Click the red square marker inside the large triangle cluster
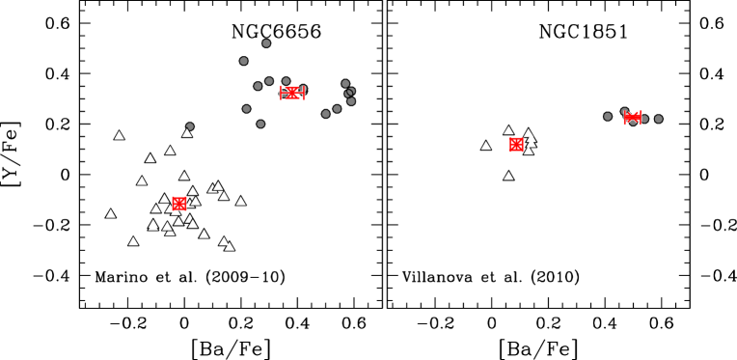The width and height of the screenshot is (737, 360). pos(179,204)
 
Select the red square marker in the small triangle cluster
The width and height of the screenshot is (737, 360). pos(516,145)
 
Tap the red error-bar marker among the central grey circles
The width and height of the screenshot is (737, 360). pos(292,93)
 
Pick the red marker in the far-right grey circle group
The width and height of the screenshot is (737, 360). pos(633,118)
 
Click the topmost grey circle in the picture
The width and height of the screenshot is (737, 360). pos(266,43)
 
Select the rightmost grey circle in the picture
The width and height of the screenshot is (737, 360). pos(659,119)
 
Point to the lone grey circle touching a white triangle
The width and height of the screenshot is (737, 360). pos(190,126)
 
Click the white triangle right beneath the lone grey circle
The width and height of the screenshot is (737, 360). pos(187,133)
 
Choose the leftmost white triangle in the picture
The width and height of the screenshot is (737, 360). pos(111,214)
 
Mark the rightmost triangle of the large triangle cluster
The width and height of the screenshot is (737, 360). pos(241,202)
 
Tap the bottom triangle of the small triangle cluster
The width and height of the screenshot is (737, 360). pos(508,176)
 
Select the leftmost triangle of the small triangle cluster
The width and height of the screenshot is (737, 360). pos(486,146)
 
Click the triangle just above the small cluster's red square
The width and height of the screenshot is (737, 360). pos(508,130)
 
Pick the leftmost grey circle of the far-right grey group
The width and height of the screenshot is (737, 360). pos(608,117)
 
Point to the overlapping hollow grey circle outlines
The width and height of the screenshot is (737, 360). pos(349,93)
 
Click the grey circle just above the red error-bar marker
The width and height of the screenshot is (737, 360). pos(287,81)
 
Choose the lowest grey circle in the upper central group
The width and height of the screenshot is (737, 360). pos(260,124)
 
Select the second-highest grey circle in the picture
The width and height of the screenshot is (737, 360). pos(244,61)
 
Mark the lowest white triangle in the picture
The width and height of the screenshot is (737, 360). pos(230,247)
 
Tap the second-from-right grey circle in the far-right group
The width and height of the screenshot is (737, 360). pos(644,119)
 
